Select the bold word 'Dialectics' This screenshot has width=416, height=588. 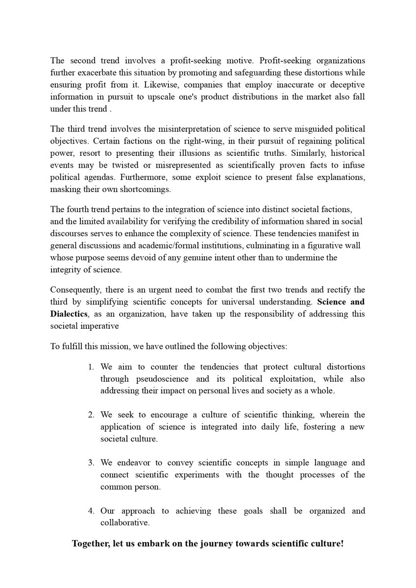pos(65,314)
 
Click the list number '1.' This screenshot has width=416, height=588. pos(91,367)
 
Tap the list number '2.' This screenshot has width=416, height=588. pos(91,415)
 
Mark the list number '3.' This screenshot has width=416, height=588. pos(91,463)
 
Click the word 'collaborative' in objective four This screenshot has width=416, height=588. pos(125,523)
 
